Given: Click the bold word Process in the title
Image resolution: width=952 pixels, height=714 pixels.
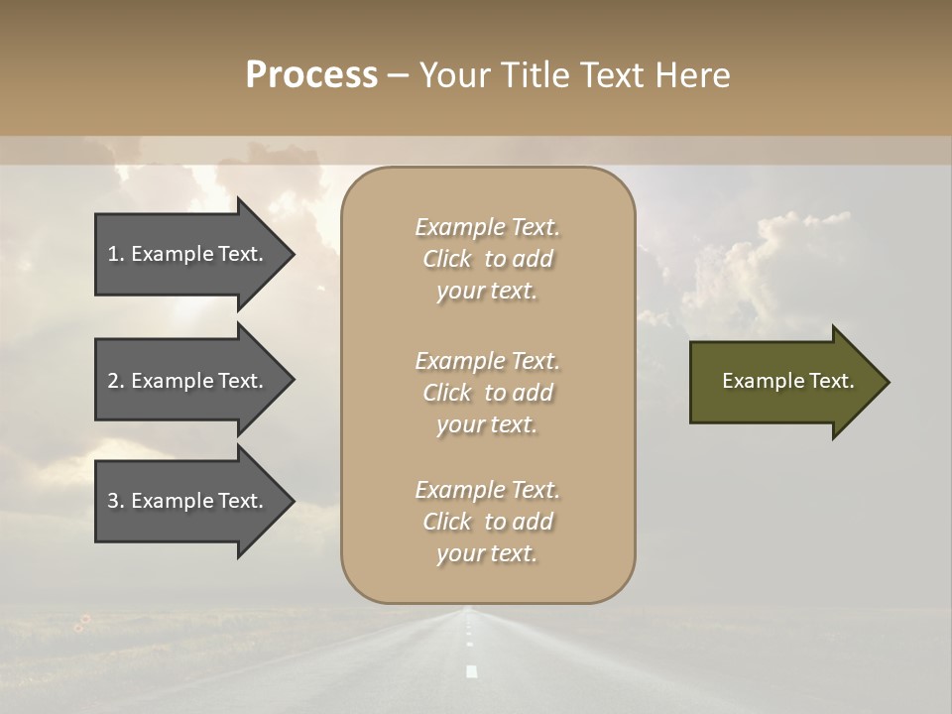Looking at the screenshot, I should [x=311, y=75].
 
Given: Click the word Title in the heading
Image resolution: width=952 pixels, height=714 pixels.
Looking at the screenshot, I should [x=536, y=75].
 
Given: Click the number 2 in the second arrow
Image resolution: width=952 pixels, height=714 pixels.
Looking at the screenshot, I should [x=113, y=381].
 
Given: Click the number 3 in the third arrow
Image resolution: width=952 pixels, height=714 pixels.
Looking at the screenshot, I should [x=113, y=501].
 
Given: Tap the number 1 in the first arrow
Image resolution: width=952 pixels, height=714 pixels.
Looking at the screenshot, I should [x=113, y=254].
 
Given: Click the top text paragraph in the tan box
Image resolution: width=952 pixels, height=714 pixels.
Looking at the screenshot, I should [x=487, y=259].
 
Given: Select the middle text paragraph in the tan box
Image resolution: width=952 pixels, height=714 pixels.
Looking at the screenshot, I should [x=487, y=392].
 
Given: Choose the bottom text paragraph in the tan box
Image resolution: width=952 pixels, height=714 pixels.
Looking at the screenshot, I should [x=487, y=522].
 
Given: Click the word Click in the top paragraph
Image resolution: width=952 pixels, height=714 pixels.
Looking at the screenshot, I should [x=447, y=259].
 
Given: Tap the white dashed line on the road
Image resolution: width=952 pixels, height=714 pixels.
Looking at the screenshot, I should [x=471, y=670].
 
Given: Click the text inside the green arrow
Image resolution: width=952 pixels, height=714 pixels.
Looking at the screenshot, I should [x=787, y=381].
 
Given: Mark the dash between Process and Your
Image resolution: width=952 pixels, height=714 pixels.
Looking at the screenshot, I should [x=398, y=76].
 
